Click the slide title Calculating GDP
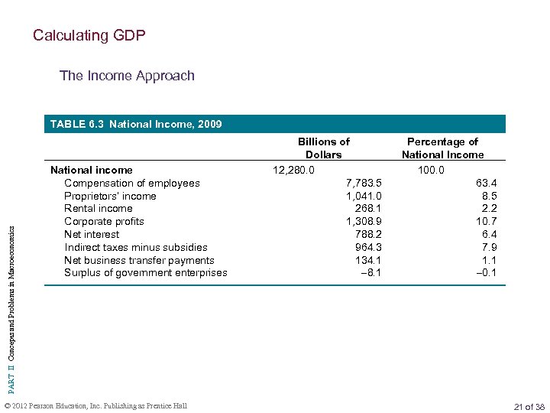pyautogui.click(x=89, y=35)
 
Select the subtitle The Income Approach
pyautogui.click(x=127, y=76)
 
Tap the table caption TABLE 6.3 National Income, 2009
pyautogui.click(x=135, y=124)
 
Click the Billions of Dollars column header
pyautogui.click(x=323, y=148)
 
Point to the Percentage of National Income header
pyautogui.click(x=442, y=148)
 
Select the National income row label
pyautogui.click(x=91, y=170)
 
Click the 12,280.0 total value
pyautogui.click(x=293, y=170)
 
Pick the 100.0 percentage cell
pyautogui.click(x=431, y=170)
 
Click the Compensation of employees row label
pyautogui.click(x=131, y=183)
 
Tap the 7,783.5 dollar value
pyautogui.click(x=364, y=183)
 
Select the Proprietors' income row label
pyautogui.click(x=110, y=196)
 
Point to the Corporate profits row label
pyautogui.click(x=104, y=222)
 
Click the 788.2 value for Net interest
pyautogui.click(x=368, y=235)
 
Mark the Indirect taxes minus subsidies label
pyautogui.click(x=135, y=247)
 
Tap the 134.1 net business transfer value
pyautogui.click(x=368, y=260)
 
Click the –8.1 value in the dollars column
pyautogui.click(x=370, y=273)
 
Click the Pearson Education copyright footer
pyautogui.click(x=95, y=406)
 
